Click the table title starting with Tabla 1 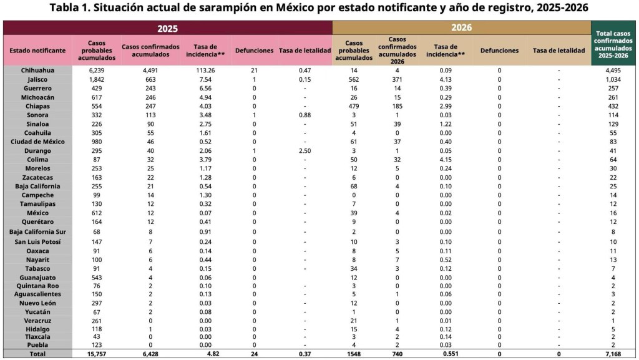click(319, 8)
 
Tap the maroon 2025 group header click(167, 28)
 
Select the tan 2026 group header click(461, 27)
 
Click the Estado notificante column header click(37, 51)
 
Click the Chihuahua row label click(37, 71)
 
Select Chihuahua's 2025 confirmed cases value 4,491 click(150, 71)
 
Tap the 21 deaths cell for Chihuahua click(254, 71)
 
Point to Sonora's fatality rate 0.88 click(305, 115)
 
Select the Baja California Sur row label click(37, 232)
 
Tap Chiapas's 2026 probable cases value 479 click(354, 107)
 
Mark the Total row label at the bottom click(37, 354)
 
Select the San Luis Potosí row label click(37, 241)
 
